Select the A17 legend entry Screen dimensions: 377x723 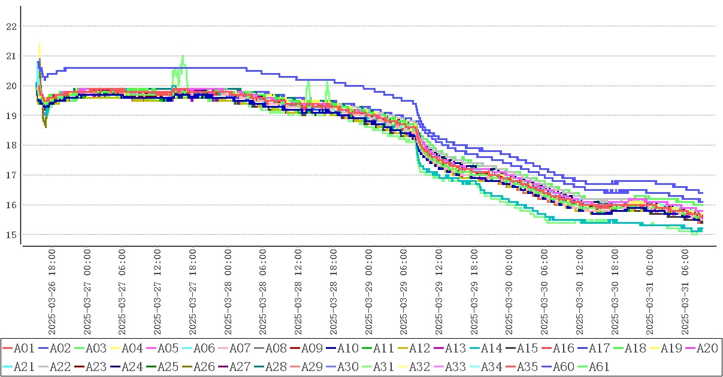[598, 348]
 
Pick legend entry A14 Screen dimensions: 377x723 [491, 348]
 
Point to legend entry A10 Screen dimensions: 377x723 [347, 348]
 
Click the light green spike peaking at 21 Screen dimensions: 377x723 [183, 57]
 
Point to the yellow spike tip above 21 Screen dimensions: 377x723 [39, 44]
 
